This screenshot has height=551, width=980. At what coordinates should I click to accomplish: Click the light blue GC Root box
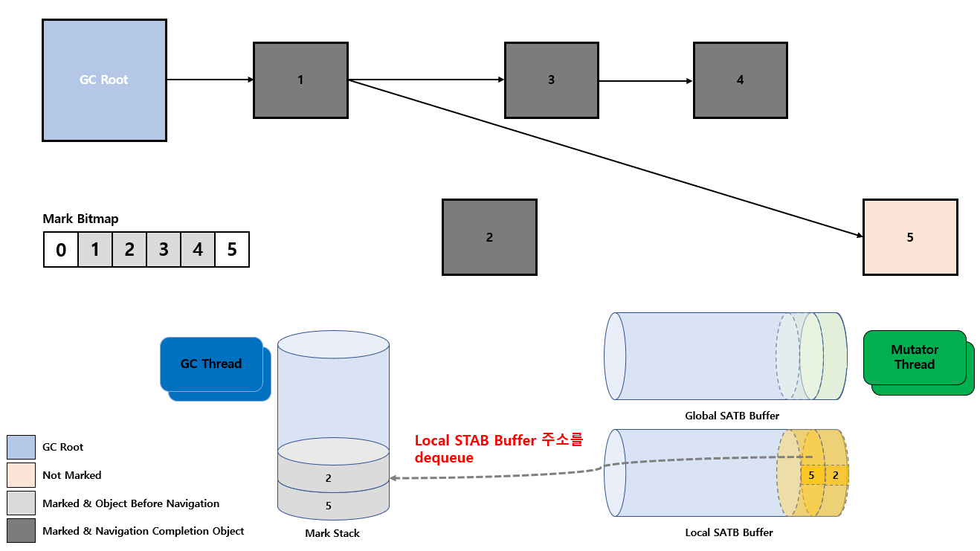tap(105, 80)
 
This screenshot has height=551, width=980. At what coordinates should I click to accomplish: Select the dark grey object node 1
tap(300, 80)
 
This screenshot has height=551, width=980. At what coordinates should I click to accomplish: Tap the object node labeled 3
tap(551, 80)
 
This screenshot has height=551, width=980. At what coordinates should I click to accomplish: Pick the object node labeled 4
tap(741, 80)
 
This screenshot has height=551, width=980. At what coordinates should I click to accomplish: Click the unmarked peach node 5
tap(910, 237)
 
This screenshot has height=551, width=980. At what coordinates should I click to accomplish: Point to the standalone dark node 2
tap(489, 237)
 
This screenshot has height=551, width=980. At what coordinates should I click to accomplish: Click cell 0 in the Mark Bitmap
tap(61, 249)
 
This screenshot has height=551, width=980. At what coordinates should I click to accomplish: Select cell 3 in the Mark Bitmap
tap(164, 249)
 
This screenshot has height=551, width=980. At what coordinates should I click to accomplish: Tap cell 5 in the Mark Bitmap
tap(232, 249)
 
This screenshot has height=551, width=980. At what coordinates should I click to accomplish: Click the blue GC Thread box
tap(211, 364)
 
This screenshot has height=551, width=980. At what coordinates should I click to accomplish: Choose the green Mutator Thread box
tap(915, 357)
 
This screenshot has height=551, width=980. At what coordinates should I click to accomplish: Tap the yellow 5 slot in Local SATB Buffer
tap(811, 475)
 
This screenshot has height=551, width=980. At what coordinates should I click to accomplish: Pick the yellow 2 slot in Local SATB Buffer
tap(836, 475)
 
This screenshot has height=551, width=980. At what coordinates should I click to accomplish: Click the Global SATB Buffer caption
tap(732, 416)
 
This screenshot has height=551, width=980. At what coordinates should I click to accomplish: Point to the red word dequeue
tap(444, 458)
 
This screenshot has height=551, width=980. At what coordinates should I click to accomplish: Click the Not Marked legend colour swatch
tap(21, 475)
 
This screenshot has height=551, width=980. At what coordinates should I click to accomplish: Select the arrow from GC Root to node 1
tap(210, 80)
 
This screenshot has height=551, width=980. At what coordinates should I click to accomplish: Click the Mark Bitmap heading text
tap(80, 219)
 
